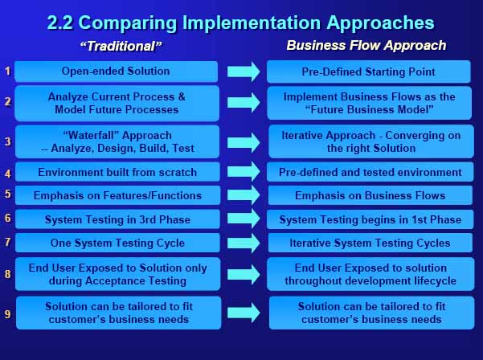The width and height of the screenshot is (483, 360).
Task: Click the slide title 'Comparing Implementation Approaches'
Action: click(x=258, y=22)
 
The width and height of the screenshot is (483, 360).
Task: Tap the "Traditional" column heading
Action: click(x=121, y=46)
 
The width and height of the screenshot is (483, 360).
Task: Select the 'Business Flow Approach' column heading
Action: click(x=366, y=46)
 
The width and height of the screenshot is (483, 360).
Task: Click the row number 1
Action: click(x=8, y=72)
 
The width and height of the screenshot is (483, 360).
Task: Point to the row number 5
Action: click(x=8, y=194)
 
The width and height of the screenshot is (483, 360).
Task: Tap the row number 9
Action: click(x=8, y=314)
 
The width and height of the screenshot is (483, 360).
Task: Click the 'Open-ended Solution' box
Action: click(x=117, y=72)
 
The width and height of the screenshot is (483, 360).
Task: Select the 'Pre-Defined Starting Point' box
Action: click(x=369, y=72)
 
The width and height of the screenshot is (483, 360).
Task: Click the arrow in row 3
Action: click(x=244, y=142)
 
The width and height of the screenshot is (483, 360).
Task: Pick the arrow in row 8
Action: click(x=244, y=274)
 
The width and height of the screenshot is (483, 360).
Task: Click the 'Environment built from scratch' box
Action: click(x=117, y=172)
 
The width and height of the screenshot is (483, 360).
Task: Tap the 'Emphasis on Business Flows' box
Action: click(x=370, y=195)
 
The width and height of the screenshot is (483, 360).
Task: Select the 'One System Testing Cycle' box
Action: click(x=117, y=243)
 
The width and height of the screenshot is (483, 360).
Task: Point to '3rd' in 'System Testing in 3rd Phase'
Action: click(x=147, y=219)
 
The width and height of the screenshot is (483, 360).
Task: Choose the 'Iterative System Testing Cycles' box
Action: click(x=370, y=243)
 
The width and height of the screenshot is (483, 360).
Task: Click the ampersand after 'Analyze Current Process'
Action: click(x=182, y=96)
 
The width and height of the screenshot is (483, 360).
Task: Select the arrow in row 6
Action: click(x=244, y=219)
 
